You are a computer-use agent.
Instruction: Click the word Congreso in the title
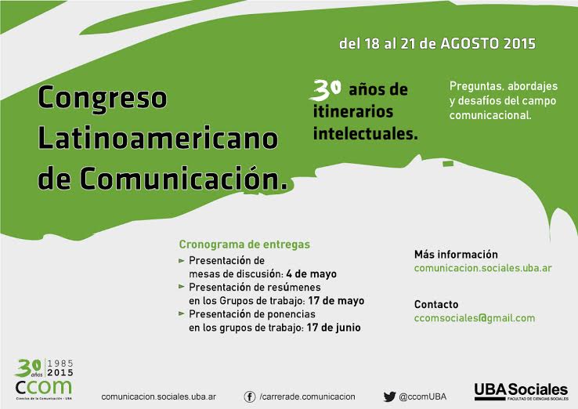[x=103, y=98]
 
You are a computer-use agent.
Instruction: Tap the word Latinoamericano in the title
[x=157, y=138]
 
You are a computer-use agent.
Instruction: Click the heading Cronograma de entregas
[x=244, y=244]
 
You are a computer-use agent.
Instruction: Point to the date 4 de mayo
[x=311, y=274]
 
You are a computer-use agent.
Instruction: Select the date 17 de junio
[x=334, y=328]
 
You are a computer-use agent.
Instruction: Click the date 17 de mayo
[x=336, y=301]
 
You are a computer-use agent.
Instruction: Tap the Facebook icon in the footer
[x=250, y=396]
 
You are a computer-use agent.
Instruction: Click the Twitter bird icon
[x=389, y=396]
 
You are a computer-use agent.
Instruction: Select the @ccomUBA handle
[x=422, y=396]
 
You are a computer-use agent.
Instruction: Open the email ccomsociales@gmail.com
[x=475, y=318]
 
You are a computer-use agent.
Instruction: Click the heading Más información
[x=456, y=254]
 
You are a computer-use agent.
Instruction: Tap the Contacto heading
[x=436, y=304]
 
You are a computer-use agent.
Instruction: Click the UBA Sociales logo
[x=522, y=392]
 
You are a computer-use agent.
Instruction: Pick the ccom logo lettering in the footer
[x=44, y=387]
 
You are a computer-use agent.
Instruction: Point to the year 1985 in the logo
[x=60, y=364]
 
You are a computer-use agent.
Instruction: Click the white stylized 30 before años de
[x=326, y=90]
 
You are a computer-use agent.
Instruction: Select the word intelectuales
[x=365, y=133]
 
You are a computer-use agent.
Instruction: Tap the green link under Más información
[x=483, y=268]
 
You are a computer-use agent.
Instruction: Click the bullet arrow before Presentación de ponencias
[x=182, y=314]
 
